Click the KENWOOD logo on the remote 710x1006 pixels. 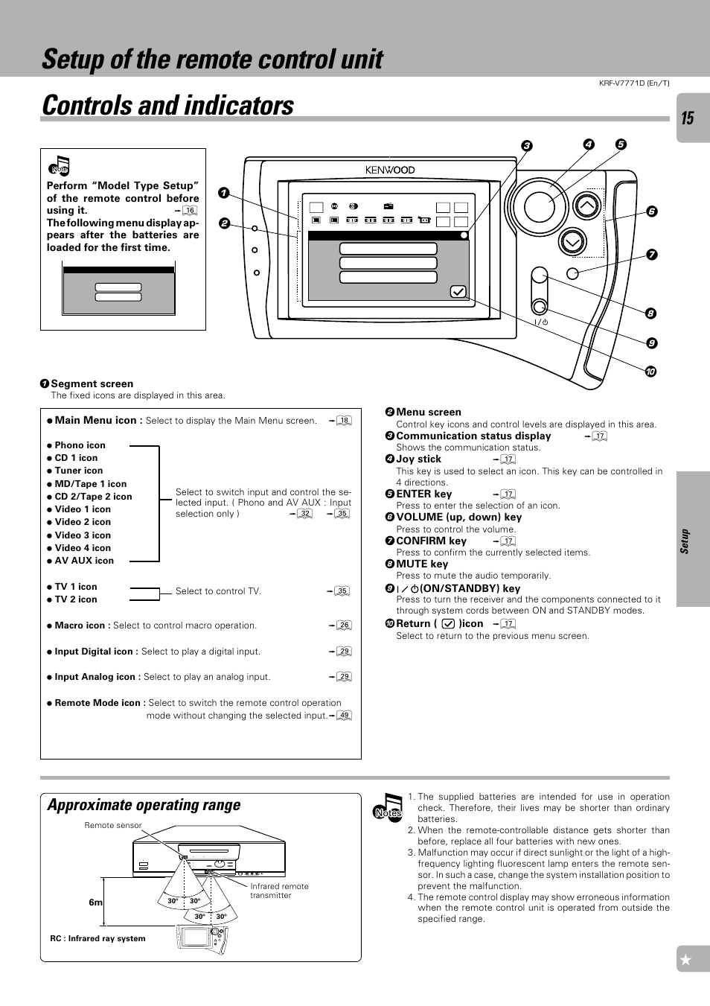point(390,170)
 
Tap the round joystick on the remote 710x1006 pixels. point(540,206)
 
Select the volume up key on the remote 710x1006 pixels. point(587,206)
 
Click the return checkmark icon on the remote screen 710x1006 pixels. point(458,292)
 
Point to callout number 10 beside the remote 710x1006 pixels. point(650,372)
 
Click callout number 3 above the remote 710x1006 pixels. point(526,146)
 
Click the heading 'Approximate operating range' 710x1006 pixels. point(144,805)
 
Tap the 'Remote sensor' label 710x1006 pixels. point(112,825)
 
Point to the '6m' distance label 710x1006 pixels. point(95,902)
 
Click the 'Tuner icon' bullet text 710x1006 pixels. point(79,471)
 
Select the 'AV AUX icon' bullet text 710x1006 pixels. point(84,561)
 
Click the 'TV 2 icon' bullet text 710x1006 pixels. point(76,599)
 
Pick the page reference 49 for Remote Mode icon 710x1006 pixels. point(344,716)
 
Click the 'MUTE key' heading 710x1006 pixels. point(422,564)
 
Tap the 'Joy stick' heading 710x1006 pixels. point(418,459)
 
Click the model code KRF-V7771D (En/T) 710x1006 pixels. point(634,83)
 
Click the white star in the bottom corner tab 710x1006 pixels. point(686,960)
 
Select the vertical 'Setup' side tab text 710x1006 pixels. point(685,541)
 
